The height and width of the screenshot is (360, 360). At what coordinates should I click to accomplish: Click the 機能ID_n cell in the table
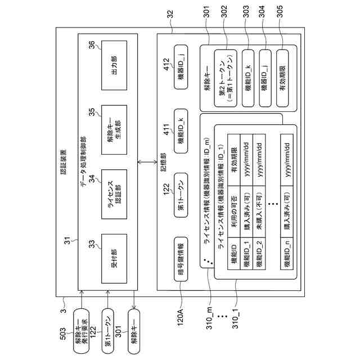tap(287, 253)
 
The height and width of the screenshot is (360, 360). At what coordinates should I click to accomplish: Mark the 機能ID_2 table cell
tap(260, 253)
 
